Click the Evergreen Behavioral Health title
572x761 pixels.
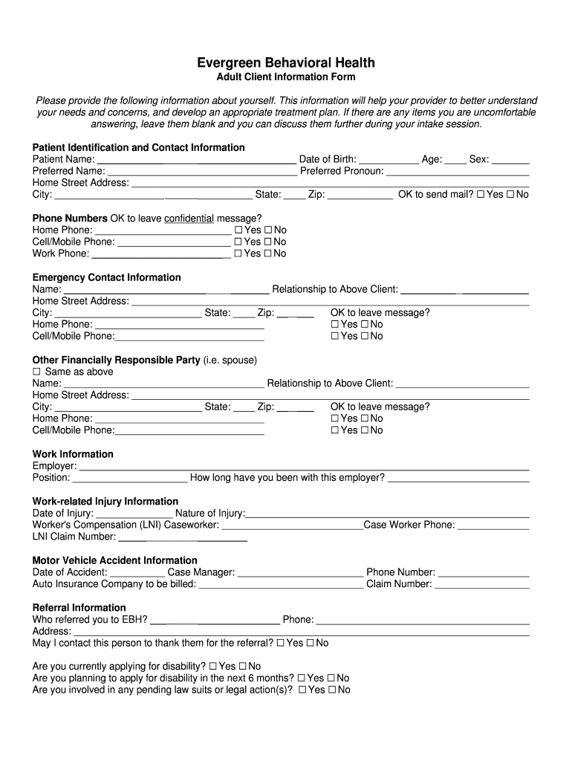tap(286, 62)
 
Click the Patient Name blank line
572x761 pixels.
tap(197, 160)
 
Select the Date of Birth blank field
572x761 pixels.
tap(388, 160)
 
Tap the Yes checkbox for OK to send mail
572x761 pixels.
tap(481, 195)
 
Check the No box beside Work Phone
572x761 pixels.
tap(269, 254)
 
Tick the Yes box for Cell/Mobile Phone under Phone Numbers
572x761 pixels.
tap(238, 242)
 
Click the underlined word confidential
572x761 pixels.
tap(189, 218)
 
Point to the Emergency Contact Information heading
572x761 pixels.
tap(106, 277)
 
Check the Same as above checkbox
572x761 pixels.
tap(36, 372)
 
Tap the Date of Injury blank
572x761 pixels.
tap(134, 514)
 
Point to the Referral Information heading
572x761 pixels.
tap(79, 607)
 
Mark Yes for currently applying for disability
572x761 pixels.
tap(213, 667)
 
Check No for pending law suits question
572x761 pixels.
tap(331, 690)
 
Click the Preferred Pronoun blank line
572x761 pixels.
tap(458, 172)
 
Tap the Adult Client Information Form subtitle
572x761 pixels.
tap(286, 77)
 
